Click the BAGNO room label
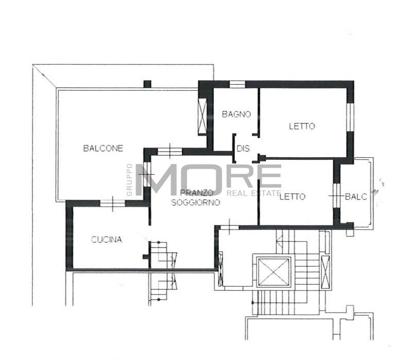tap(236, 114)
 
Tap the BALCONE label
tap(103, 148)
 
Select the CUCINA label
tap(107, 240)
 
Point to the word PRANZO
tap(197, 193)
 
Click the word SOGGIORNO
tap(196, 202)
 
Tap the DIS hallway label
tap(243, 149)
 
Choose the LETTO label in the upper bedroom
tap(302, 126)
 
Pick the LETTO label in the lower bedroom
tap(293, 197)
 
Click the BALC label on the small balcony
tap(356, 197)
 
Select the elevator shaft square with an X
tap(273, 272)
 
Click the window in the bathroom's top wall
tap(237, 85)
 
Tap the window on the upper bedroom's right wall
tap(350, 118)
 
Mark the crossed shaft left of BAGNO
tap(202, 116)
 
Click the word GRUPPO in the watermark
tap(129, 179)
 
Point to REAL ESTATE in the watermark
tap(253, 193)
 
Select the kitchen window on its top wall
tap(113, 203)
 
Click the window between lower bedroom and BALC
tap(337, 195)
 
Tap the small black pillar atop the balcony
tap(147, 84)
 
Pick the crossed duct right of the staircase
tap(325, 272)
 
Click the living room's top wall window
tap(170, 152)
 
